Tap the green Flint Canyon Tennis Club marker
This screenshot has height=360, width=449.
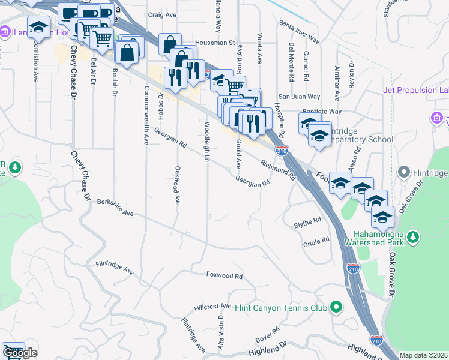(336, 308)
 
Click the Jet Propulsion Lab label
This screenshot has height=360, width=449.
(415, 91)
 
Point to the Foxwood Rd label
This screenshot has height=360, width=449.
(224, 277)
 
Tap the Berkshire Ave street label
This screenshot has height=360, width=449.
(115, 207)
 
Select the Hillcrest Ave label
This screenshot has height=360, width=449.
(212, 307)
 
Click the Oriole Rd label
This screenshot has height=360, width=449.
(316, 240)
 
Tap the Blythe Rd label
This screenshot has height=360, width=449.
(307, 223)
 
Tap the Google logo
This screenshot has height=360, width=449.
(19, 353)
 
